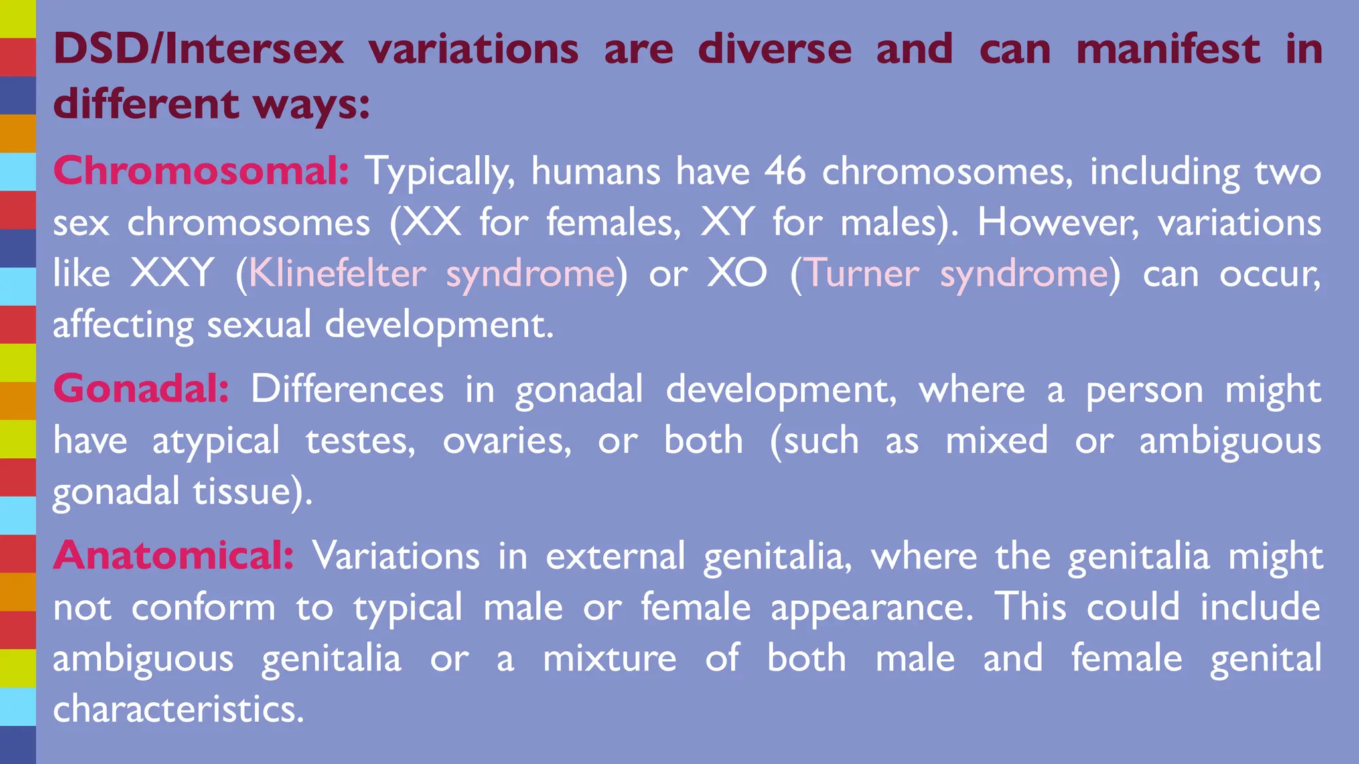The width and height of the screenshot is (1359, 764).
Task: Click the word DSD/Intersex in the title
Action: click(x=198, y=50)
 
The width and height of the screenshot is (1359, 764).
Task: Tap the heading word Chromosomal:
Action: click(x=201, y=171)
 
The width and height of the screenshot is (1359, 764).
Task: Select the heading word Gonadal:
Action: click(x=141, y=389)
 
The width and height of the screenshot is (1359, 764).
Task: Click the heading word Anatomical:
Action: click(x=173, y=556)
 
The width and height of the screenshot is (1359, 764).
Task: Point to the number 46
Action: click(x=785, y=171)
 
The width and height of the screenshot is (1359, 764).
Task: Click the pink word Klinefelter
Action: click(x=338, y=273)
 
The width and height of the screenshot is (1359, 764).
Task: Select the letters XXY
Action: click(x=173, y=273)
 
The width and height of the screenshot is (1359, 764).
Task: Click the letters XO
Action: click(x=737, y=273)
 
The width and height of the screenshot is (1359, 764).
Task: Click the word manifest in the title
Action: click(x=1168, y=50)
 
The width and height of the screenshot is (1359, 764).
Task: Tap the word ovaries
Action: click(x=506, y=441)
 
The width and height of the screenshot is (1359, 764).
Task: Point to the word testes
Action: click(x=360, y=441)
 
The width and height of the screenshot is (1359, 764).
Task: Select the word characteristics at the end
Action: click(x=178, y=709)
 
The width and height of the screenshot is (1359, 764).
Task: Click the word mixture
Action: click(x=610, y=659)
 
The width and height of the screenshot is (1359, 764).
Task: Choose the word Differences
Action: click(x=347, y=389)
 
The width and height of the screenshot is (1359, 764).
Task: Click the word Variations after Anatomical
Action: click(x=396, y=556)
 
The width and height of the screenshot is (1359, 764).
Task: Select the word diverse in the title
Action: click(x=774, y=50)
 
